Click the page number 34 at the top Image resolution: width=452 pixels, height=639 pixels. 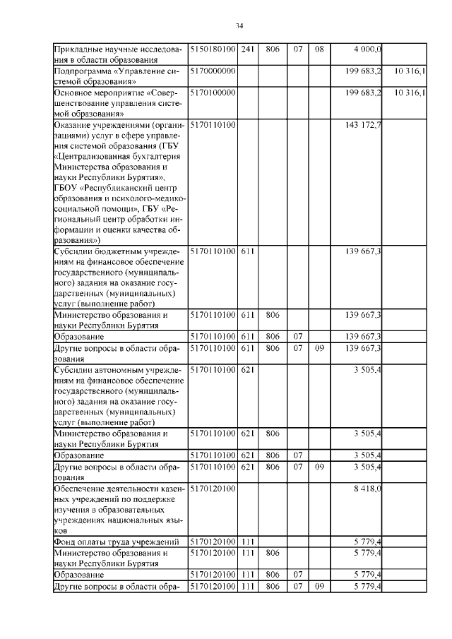(239, 26)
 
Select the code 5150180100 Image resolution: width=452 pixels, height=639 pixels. (213, 49)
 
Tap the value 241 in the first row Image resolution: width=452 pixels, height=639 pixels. (247, 49)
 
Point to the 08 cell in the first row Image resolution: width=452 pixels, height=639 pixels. (319, 49)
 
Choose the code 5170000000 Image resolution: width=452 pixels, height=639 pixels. (213, 71)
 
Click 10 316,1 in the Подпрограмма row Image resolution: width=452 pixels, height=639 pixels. (410, 71)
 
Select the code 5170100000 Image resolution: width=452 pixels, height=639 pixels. (213, 92)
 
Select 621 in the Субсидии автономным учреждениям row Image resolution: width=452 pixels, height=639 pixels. (247, 369)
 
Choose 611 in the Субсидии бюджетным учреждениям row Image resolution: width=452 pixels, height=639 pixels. (247, 251)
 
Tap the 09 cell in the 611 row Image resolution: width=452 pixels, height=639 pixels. (319, 348)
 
